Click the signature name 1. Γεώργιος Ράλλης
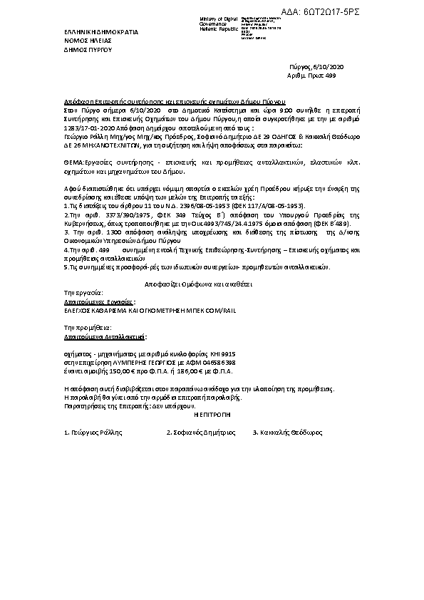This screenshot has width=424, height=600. pos(93,433)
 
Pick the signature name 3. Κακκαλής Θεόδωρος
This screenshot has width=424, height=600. pos(288,433)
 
